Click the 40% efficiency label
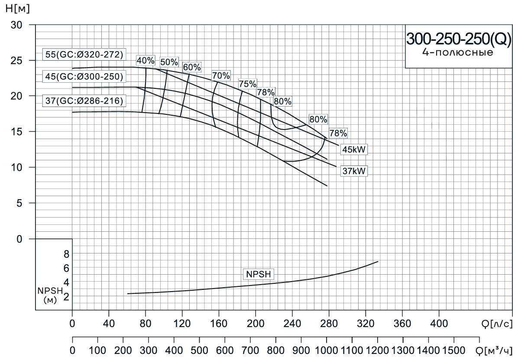(145, 60)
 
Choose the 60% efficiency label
(192, 67)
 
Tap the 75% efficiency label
(248, 84)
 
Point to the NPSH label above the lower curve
(258, 274)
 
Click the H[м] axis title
(15, 7)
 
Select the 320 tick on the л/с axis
(366, 324)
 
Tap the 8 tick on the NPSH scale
(67, 254)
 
